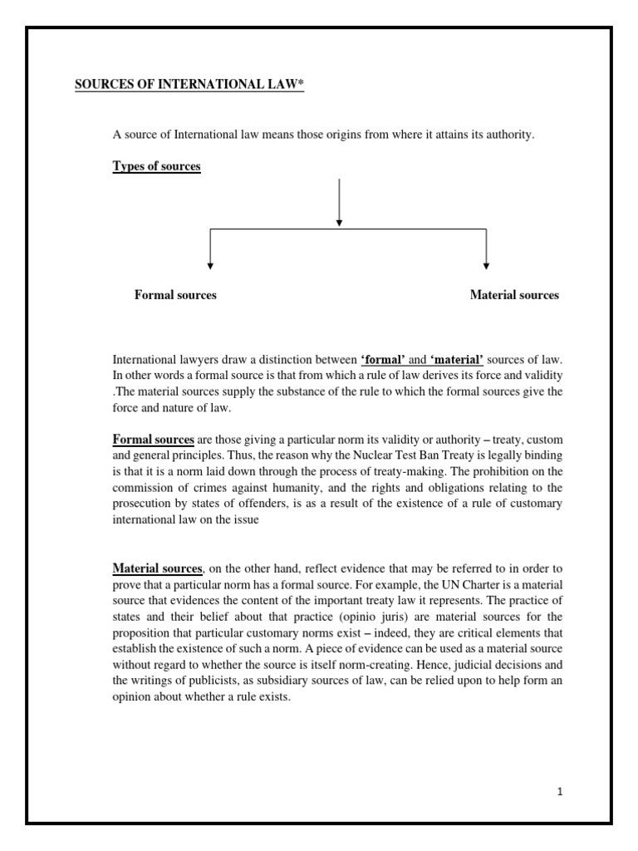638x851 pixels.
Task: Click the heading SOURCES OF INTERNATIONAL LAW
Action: click(x=187, y=86)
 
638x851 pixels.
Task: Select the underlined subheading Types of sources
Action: click(x=156, y=166)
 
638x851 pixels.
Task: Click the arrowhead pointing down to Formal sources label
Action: click(x=210, y=265)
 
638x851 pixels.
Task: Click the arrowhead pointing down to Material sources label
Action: click(x=486, y=265)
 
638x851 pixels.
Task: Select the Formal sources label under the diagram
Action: click(x=175, y=295)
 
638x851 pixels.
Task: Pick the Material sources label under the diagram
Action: click(x=514, y=295)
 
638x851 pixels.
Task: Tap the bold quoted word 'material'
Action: click(x=456, y=359)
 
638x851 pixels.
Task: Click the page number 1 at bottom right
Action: click(x=560, y=792)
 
